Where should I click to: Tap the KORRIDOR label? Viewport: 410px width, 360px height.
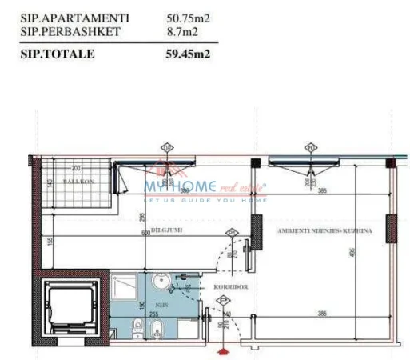click(229, 286)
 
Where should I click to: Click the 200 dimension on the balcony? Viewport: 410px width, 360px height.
click(77, 168)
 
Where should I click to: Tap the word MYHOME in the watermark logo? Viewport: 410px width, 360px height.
click(180, 186)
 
